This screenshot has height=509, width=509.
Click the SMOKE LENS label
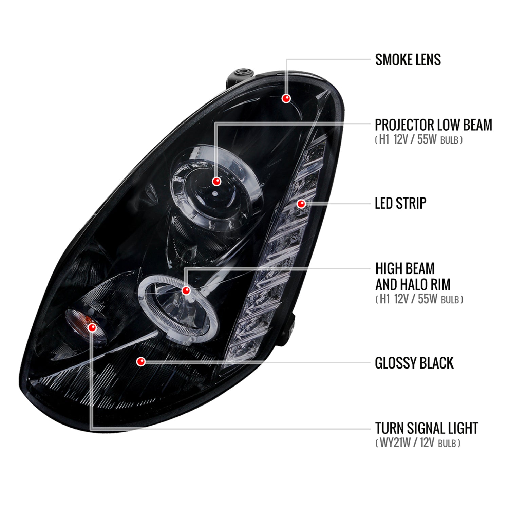(408, 60)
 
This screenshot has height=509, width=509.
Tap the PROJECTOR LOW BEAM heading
(433, 125)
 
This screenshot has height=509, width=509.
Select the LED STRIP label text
(400, 203)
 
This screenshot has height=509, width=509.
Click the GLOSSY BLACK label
(414, 363)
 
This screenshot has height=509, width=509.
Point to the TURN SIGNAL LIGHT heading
(427, 428)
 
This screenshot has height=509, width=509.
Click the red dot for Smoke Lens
(286, 98)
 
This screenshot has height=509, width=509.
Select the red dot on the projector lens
(216, 181)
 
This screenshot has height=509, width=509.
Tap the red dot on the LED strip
(301, 204)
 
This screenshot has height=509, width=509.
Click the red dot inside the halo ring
(186, 290)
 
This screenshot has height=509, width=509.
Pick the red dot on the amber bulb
(92, 327)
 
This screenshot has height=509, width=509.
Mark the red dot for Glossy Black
(141, 362)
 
